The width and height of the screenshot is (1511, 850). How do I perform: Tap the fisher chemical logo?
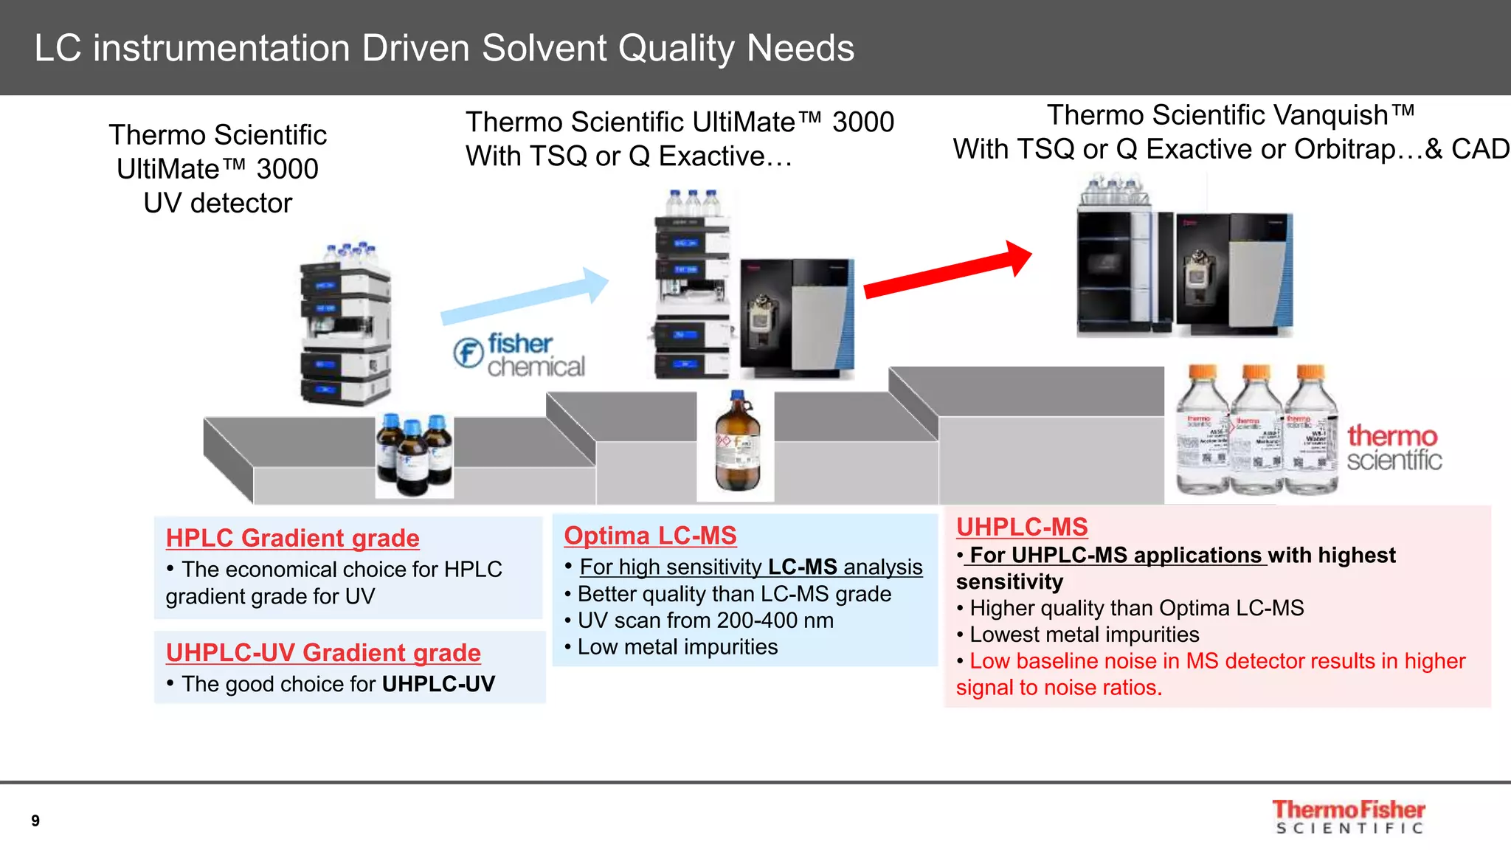tap(519, 355)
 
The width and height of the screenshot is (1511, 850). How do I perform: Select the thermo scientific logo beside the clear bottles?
tap(1393, 447)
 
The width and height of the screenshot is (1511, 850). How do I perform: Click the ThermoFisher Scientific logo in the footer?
tap(1349, 817)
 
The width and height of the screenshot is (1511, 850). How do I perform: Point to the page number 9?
tap(35, 820)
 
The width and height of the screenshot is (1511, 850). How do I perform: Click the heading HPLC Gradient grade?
tap(292, 538)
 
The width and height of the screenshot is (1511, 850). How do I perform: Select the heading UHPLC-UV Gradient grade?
tap(323, 652)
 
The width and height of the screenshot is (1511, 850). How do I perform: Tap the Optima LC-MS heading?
tap(650, 535)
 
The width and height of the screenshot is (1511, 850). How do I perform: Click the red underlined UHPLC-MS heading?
tap(1022, 527)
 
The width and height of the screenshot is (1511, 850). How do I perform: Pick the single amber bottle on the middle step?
tap(736, 443)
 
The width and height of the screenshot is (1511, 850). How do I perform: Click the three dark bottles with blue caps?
tap(414, 454)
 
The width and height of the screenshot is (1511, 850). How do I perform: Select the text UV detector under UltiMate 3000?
tap(218, 203)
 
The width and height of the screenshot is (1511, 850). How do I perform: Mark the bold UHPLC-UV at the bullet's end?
tap(438, 684)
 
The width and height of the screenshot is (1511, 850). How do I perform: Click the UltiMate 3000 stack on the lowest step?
tap(345, 325)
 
